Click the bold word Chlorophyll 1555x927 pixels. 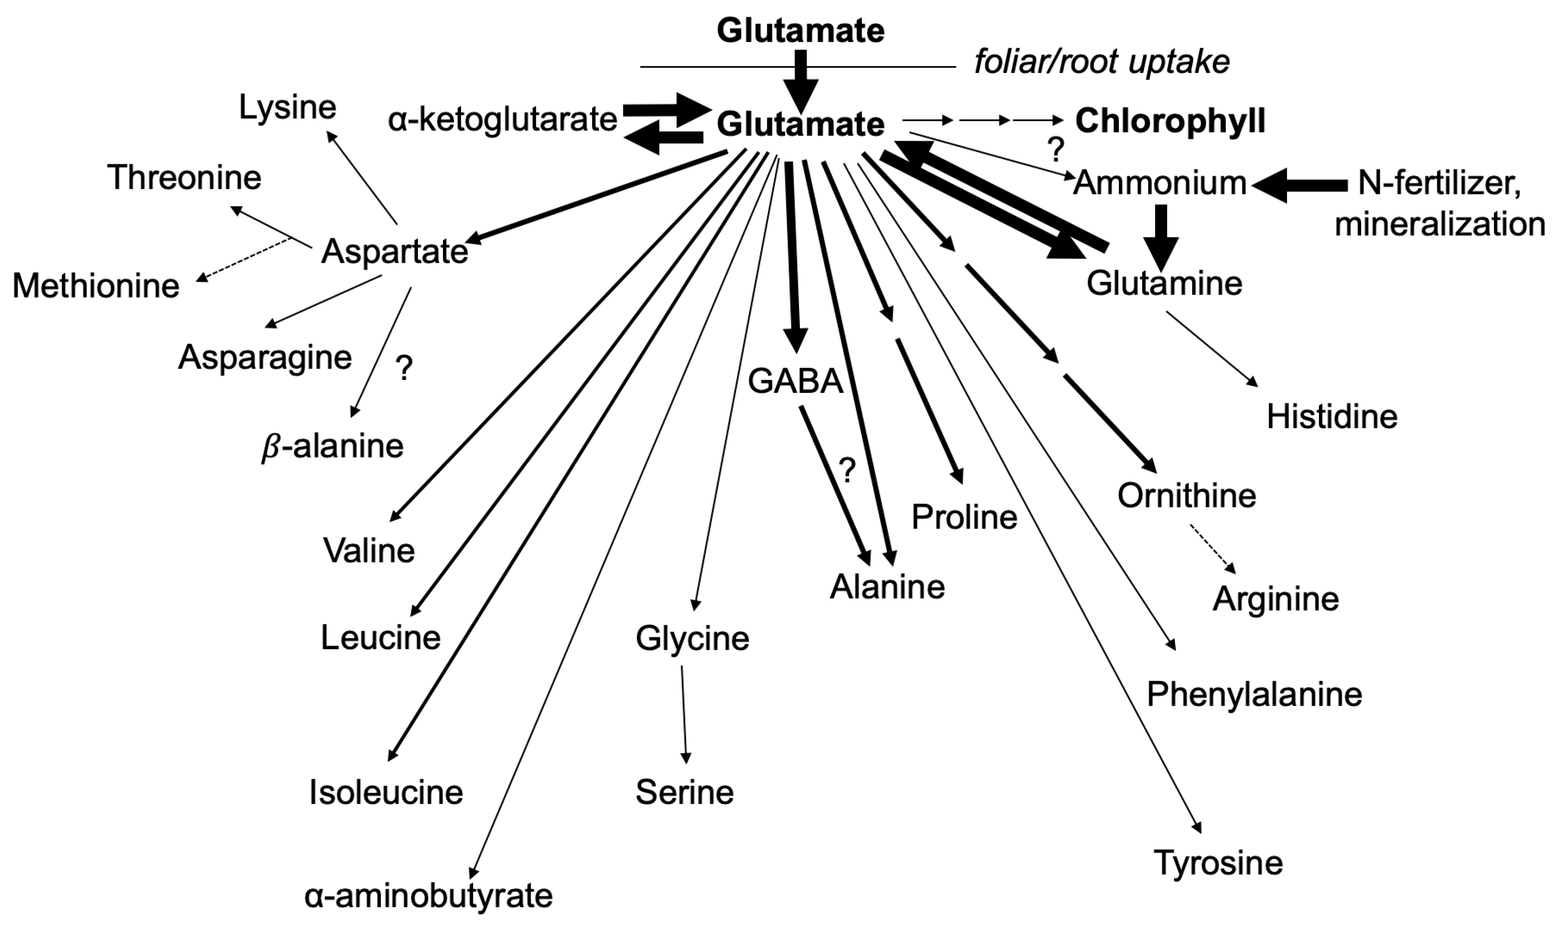click(x=1170, y=121)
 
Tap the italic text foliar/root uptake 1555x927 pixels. click(x=1102, y=62)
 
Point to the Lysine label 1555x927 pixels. click(x=287, y=108)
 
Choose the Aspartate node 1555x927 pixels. click(x=394, y=252)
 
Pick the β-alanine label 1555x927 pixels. click(x=332, y=446)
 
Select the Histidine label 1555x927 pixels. click(x=1331, y=416)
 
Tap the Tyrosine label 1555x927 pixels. click(x=1217, y=862)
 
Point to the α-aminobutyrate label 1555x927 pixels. click(x=429, y=895)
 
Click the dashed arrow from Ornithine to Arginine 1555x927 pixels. click(x=1212, y=549)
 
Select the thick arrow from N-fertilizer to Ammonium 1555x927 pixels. click(x=1300, y=185)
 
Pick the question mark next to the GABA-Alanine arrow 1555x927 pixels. click(x=847, y=470)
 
